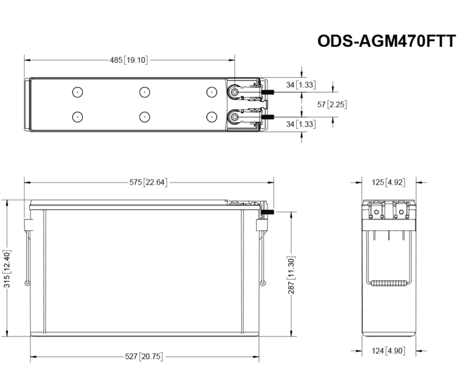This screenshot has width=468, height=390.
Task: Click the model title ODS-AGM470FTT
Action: pos(386,41)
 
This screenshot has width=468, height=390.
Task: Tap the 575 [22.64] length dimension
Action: pos(149,182)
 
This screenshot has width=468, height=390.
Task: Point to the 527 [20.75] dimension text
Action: pos(144,356)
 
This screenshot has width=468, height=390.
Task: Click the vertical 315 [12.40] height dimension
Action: pos(7,269)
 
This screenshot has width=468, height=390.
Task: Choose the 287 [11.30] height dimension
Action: pos(291,275)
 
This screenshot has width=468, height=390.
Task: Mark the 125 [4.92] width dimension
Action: pos(388,182)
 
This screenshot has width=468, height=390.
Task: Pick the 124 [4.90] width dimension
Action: pos(388,351)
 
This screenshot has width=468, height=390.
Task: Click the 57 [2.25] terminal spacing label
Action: pos(333,104)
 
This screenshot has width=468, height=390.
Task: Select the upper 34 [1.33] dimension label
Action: pos(301,85)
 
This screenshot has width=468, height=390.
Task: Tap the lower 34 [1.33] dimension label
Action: pos(301,124)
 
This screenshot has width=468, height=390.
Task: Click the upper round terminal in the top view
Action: pos(234,92)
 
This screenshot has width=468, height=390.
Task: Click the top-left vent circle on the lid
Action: pos(77,92)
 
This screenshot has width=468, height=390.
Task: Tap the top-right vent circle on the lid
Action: pos(211,92)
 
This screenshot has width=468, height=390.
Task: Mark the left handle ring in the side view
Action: pos(26,283)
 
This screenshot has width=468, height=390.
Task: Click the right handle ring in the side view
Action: pos(263,283)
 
